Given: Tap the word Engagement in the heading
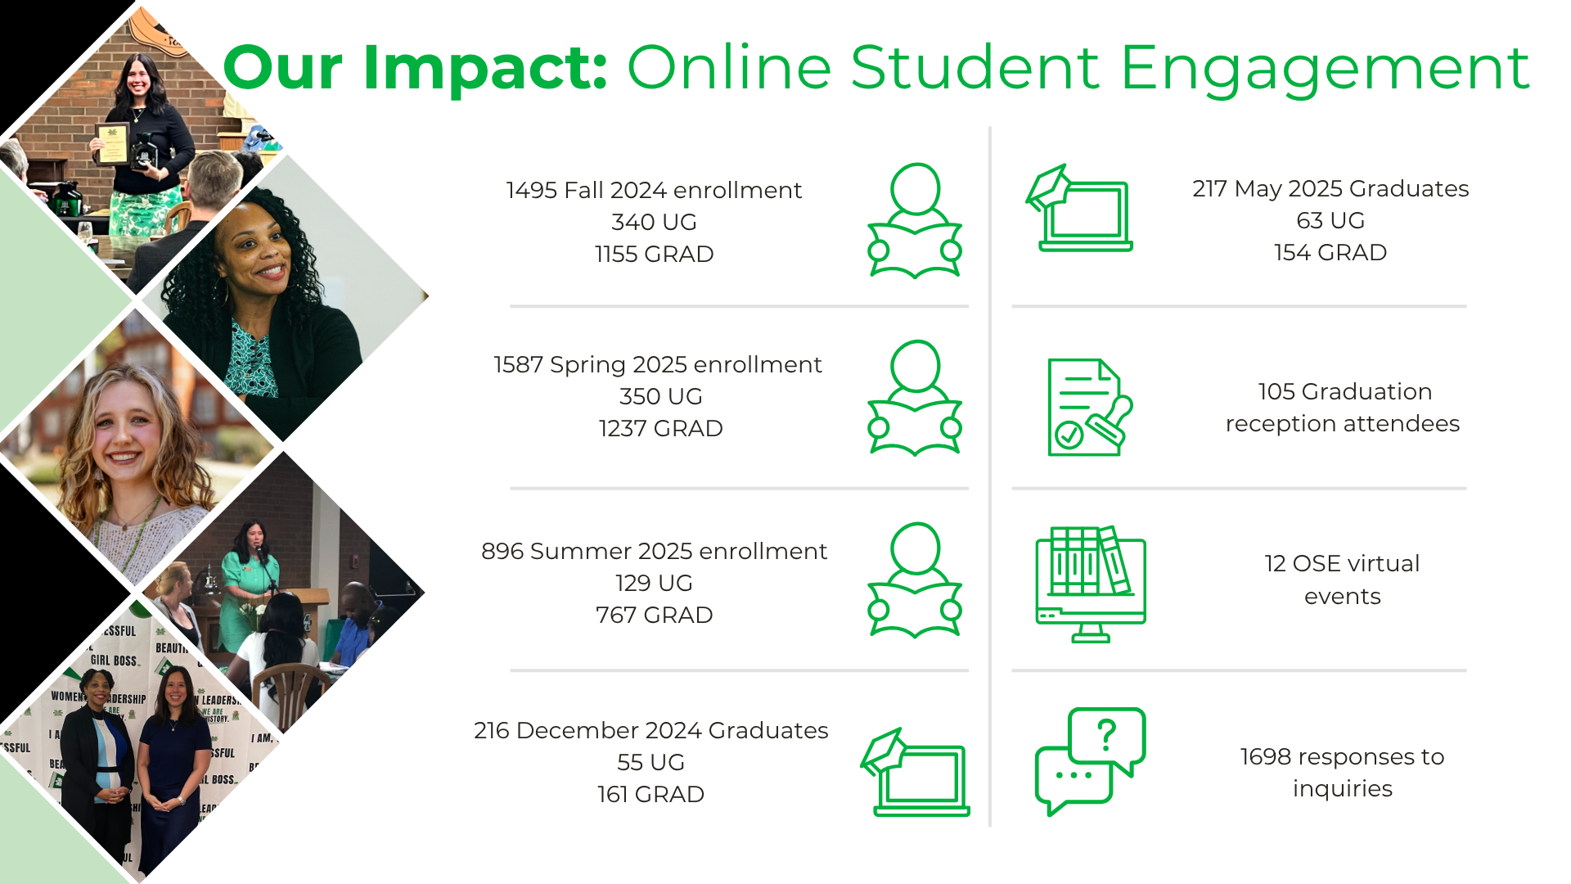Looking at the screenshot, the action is click(1325, 69).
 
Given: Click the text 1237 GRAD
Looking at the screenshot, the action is click(661, 428).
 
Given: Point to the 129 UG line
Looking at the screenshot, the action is click(654, 583).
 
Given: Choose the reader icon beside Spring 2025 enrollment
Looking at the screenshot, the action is click(915, 398).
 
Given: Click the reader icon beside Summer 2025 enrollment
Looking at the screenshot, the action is click(915, 580).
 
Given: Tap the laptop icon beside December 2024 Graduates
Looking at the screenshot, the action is click(915, 772).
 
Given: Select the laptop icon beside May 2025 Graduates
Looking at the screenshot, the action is click(1079, 208).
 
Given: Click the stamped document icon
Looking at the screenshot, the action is click(1090, 407).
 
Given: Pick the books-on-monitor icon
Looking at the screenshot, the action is click(1091, 584).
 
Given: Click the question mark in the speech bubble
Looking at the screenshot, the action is click(1107, 735).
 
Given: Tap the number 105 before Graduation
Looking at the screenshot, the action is click(1276, 391).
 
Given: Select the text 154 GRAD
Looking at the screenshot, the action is click(1330, 252).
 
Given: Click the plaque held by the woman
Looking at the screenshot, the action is click(113, 143).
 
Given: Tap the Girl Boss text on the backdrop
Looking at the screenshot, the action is click(114, 661).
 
